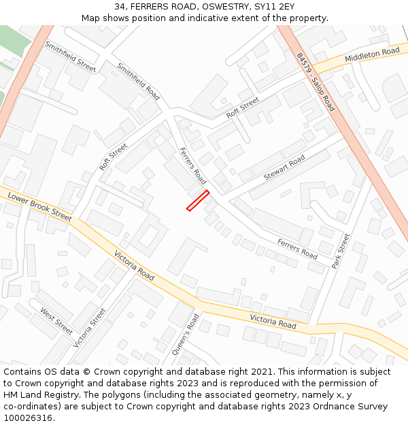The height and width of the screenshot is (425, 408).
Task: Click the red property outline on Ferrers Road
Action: point(198,201)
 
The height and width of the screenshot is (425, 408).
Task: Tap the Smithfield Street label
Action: point(70,56)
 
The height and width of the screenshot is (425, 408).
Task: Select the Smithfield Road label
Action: point(138,82)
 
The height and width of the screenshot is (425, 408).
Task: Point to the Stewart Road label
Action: point(284,168)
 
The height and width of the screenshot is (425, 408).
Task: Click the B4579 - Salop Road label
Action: point(316,82)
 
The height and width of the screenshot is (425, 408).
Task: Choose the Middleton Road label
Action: point(372,55)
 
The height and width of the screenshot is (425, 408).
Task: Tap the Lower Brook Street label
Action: point(39,206)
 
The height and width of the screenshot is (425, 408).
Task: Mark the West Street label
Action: point(56,322)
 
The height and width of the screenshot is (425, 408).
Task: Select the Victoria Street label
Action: point(90,327)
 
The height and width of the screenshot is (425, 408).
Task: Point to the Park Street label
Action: point(340,251)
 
